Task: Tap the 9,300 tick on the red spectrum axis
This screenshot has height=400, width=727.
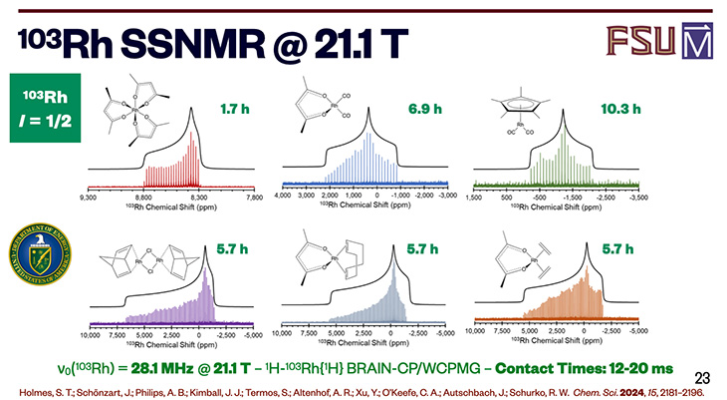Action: click(x=89, y=199)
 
